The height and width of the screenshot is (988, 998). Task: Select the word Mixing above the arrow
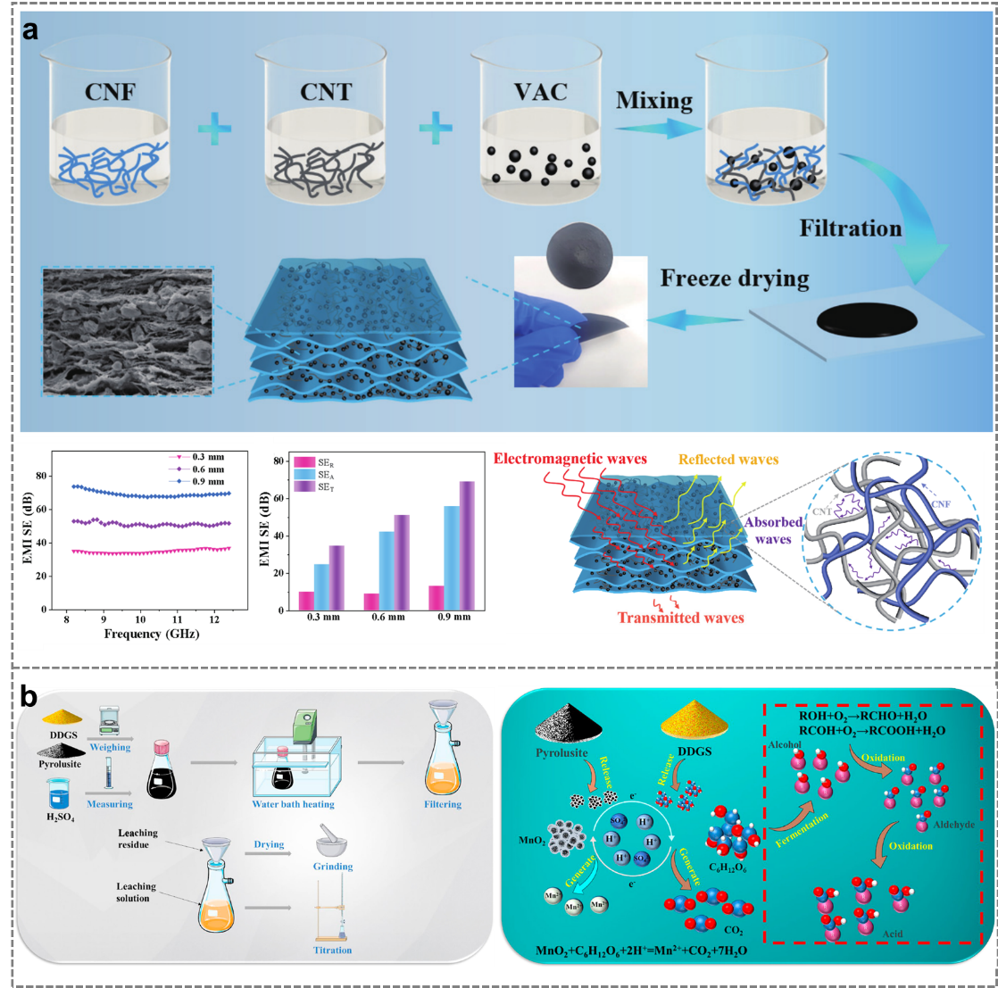654,100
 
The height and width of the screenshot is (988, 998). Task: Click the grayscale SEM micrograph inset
128,329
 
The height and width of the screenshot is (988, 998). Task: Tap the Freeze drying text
734,278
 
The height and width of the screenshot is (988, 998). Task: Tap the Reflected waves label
728,460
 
